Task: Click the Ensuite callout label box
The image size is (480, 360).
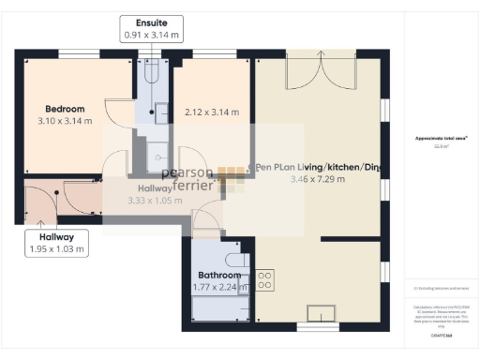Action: pyautogui.click(x=151, y=28)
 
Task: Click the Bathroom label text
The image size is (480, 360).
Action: pyautogui.click(x=212, y=275)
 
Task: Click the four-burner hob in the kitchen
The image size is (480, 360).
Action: pyautogui.click(x=264, y=278)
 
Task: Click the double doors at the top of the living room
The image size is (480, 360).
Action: pyautogui.click(x=322, y=71)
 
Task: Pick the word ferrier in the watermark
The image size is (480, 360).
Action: pyautogui.click(x=191, y=186)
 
